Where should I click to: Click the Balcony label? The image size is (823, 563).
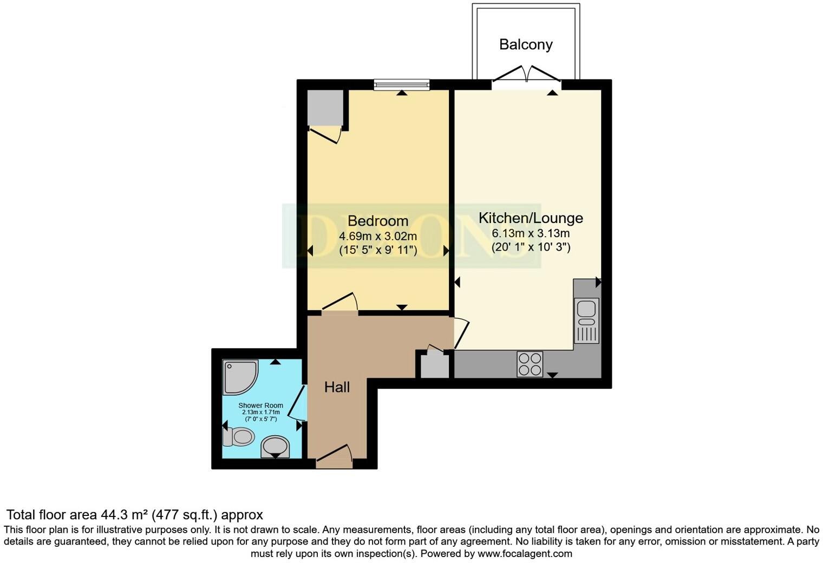point(526,44)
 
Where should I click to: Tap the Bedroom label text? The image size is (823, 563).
point(377,221)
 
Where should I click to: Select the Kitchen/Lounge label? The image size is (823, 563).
point(531,218)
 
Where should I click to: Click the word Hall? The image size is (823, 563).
point(337,387)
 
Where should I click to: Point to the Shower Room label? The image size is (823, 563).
point(260,405)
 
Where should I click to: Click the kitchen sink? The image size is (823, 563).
point(586,320)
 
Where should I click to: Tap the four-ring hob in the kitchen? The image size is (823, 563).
point(530,364)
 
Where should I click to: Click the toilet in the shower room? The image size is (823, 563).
point(239,436)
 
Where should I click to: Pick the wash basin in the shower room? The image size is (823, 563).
point(275,447)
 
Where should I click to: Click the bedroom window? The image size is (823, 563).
point(401,84)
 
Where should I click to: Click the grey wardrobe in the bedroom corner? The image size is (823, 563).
point(325,108)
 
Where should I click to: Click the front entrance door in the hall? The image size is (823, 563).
point(335,457)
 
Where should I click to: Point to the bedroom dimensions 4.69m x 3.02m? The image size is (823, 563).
point(377,236)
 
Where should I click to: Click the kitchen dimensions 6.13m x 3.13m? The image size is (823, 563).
point(531,233)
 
